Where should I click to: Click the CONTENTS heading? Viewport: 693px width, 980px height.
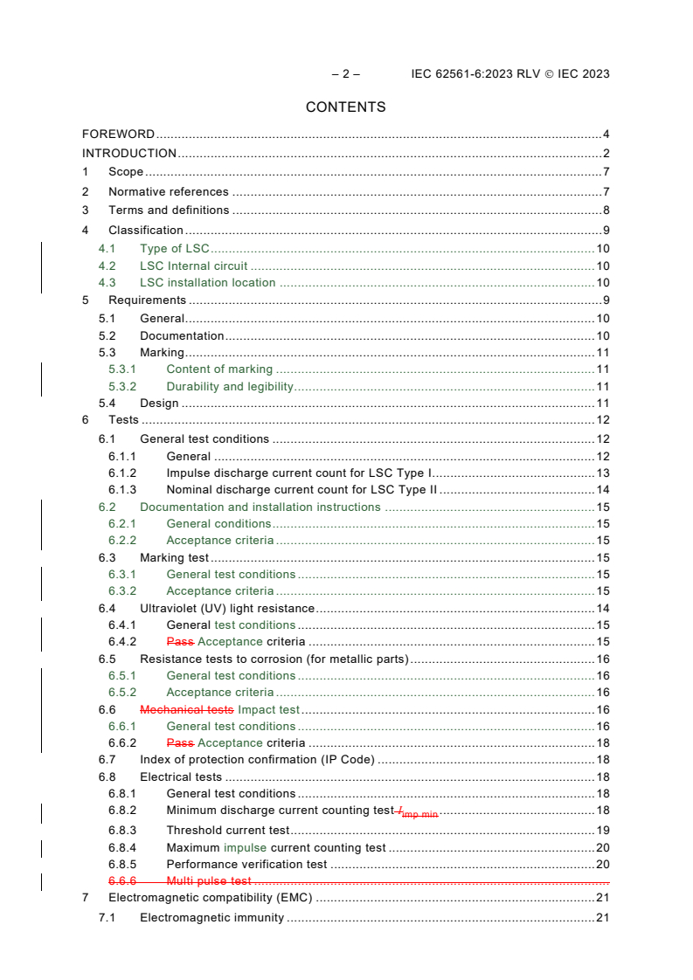click(345, 107)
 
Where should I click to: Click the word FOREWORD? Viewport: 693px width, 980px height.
click(118, 135)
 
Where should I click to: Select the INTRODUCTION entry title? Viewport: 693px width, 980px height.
click(129, 154)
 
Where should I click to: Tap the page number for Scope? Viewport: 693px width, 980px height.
click(606, 172)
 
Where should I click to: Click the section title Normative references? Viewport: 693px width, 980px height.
click(169, 192)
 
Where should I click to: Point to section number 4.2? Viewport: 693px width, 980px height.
click(107, 266)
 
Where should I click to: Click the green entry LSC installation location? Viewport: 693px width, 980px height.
click(208, 283)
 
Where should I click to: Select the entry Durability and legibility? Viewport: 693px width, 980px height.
click(230, 387)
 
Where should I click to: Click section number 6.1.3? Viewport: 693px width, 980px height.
click(122, 490)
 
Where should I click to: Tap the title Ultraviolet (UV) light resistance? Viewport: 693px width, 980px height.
click(227, 609)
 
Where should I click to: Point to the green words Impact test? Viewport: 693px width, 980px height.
click(268, 710)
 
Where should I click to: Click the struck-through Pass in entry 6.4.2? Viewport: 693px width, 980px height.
click(180, 642)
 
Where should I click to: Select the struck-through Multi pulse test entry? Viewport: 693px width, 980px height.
click(209, 881)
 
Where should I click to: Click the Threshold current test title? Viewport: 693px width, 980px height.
click(228, 831)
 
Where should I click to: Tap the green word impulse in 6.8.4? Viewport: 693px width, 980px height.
click(246, 847)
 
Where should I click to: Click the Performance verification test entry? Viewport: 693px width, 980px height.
click(246, 865)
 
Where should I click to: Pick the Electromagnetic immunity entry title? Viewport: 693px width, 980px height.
click(211, 918)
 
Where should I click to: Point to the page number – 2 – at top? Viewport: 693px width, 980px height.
click(345, 74)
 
